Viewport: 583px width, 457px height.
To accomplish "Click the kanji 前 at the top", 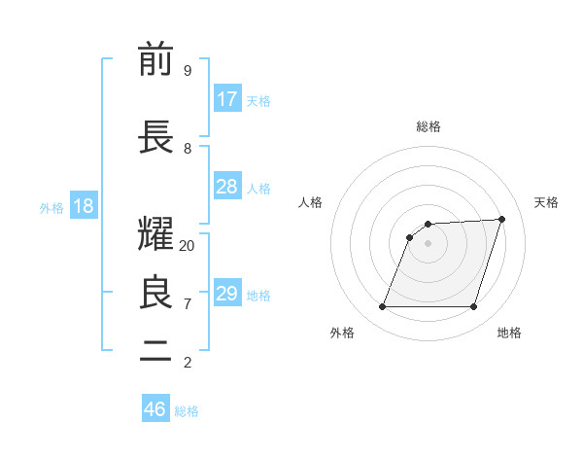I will [x=156, y=59].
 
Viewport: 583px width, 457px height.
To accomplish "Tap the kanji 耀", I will [x=156, y=234].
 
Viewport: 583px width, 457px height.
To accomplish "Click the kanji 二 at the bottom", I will [x=156, y=352].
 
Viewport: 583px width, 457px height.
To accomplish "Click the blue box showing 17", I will [x=227, y=99].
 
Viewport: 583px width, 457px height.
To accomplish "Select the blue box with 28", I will [x=227, y=187].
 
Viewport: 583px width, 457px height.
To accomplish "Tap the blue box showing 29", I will [x=227, y=294].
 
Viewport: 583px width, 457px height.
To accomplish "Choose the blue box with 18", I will [x=83, y=206].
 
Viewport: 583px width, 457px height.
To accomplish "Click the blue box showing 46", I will [x=155, y=409].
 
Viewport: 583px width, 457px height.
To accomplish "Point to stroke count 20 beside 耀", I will [x=188, y=246].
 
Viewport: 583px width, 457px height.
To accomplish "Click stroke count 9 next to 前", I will [x=188, y=70].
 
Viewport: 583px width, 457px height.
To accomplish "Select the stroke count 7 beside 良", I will [x=188, y=303].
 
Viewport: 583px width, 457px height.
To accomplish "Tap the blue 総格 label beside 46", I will [x=187, y=411].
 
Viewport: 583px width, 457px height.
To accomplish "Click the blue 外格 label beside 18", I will [x=51, y=208].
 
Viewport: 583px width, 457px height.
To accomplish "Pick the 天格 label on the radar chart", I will [x=546, y=202].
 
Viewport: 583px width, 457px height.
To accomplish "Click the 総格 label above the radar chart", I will [x=429, y=126].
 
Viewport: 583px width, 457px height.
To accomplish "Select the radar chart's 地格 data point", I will [x=473, y=307].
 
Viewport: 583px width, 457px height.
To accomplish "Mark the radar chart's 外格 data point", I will [x=383, y=307].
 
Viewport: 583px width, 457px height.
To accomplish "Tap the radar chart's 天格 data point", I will [x=501, y=219].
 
